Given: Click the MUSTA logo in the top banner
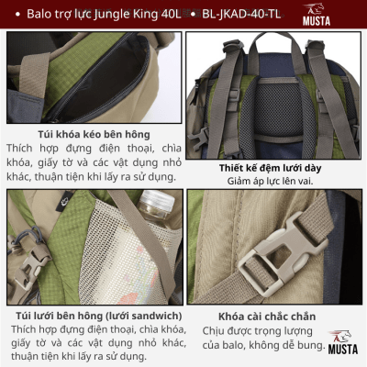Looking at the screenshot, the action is (x=317, y=15).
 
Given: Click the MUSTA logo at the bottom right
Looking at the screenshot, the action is (x=342, y=342).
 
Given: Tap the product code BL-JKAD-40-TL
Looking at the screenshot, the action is (x=241, y=14).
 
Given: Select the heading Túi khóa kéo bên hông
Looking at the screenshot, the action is (x=94, y=134).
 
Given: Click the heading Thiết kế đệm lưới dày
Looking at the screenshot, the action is (x=270, y=168).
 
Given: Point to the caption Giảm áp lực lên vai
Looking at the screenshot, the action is (x=270, y=181).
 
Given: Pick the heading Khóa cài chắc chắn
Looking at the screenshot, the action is (x=267, y=317).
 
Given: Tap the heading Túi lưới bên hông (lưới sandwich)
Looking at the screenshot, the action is (x=99, y=316).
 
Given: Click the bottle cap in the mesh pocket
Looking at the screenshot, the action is (x=157, y=200).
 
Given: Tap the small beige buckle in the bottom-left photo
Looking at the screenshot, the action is (x=30, y=267).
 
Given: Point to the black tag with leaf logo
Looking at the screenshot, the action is (x=64, y=202).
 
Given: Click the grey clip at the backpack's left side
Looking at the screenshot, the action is (x=198, y=138).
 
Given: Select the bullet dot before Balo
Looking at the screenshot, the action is (x=17, y=15).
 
